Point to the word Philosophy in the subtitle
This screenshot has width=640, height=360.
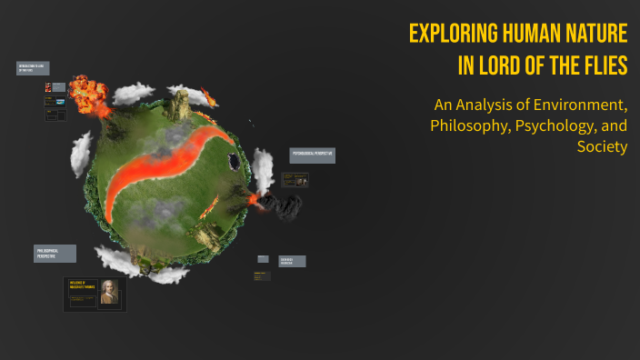466,125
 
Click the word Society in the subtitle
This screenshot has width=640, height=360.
602,146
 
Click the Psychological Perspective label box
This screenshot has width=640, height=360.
313,155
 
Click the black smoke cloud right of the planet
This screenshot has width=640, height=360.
286,206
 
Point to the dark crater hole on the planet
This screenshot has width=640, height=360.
236,163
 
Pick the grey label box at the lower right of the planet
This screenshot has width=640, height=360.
292,261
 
